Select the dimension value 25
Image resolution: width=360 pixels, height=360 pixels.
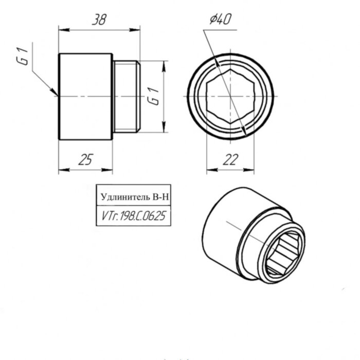click(85, 160)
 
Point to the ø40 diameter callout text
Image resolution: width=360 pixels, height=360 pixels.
click(220, 20)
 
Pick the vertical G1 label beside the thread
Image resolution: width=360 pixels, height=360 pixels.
click(152, 97)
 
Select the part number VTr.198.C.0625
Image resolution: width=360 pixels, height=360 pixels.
click(133, 217)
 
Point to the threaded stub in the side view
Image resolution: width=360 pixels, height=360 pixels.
click(126, 97)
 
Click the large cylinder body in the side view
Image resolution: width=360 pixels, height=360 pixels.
click(85, 97)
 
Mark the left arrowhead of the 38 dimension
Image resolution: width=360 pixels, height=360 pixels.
click(62, 30)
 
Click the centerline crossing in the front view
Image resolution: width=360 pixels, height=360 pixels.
click(230, 97)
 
